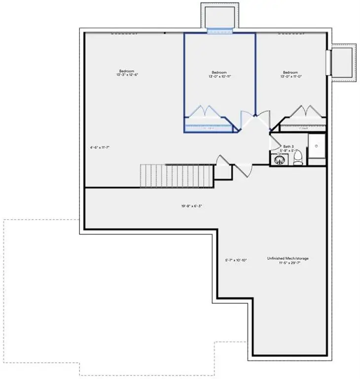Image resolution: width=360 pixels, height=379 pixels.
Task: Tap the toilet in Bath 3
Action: (297, 158)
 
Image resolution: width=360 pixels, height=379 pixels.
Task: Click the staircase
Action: (177, 176)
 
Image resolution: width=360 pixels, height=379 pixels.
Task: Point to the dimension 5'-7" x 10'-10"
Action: (233, 260)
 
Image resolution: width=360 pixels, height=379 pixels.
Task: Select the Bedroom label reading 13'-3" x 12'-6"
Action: (127, 72)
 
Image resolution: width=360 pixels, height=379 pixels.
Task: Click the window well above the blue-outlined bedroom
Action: (219, 17)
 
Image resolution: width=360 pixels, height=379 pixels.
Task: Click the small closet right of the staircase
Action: (223, 171)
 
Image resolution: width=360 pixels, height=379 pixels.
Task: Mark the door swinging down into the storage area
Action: (243, 169)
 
